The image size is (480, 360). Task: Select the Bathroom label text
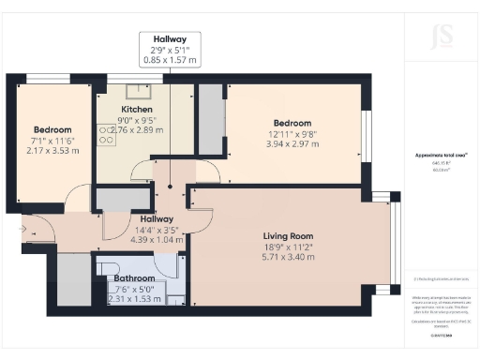point(133,278)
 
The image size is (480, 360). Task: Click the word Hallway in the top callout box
point(170,37)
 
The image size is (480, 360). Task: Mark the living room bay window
point(395,238)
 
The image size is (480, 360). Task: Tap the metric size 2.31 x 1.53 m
point(133,300)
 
